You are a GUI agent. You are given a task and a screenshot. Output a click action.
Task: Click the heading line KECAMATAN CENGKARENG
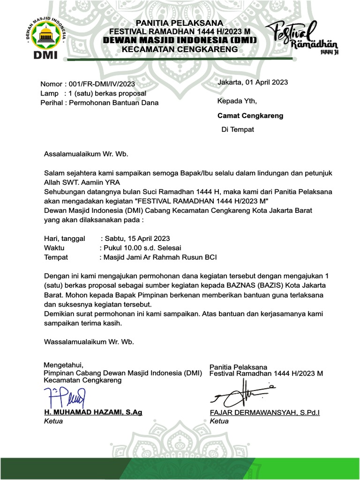point(180,49)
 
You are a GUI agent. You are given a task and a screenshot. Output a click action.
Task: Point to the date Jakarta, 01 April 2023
point(253,82)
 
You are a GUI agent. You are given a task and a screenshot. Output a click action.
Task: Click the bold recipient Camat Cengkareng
point(250,115)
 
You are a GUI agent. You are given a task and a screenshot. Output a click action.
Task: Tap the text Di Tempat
point(238,129)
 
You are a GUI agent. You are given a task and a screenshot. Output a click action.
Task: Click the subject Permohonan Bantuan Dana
point(113,103)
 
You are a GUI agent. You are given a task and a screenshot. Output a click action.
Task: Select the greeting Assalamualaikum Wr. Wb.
point(86,153)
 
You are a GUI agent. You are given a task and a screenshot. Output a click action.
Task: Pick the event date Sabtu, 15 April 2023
point(137,238)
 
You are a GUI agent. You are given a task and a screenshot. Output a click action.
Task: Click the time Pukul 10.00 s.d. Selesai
point(141,247)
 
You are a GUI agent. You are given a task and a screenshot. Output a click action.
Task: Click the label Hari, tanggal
point(65,238)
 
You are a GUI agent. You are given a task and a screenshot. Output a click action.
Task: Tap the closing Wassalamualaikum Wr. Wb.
point(89,341)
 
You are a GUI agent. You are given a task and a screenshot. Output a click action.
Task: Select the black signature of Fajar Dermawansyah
point(243,394)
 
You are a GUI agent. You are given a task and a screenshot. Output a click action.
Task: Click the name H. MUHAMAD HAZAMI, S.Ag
point(93,412)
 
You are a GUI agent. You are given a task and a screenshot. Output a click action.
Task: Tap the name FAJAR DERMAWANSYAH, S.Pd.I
point(265,412)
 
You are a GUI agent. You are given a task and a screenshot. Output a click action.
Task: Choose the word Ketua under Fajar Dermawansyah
point(219,421)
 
